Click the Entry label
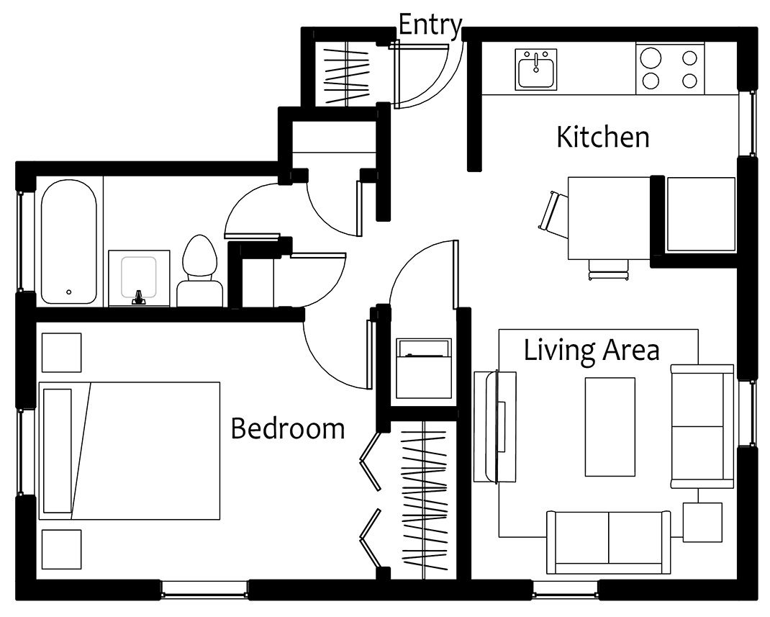tap(430, 25)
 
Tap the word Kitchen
tap(602, 137)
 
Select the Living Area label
tap(592, 350)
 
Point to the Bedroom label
tap(288, 428)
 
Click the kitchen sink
tap(535, 69)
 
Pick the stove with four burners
tap(670, 68)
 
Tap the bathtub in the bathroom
tap(69, 242)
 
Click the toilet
tap(200, 271)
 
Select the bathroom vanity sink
tap(139, 279)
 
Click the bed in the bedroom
tap(129, 451)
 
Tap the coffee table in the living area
tap(610, 427)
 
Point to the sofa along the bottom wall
tap(608, 542)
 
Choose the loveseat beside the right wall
tap(702, 426)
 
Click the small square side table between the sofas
tap(702, 522)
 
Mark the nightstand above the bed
tap(61, 353)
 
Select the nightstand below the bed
tap(61, 549)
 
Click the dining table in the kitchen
tap(609, 218)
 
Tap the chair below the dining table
tap(609, 269)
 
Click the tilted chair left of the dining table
tap(553, 215)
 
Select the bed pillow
tap(58, 451)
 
